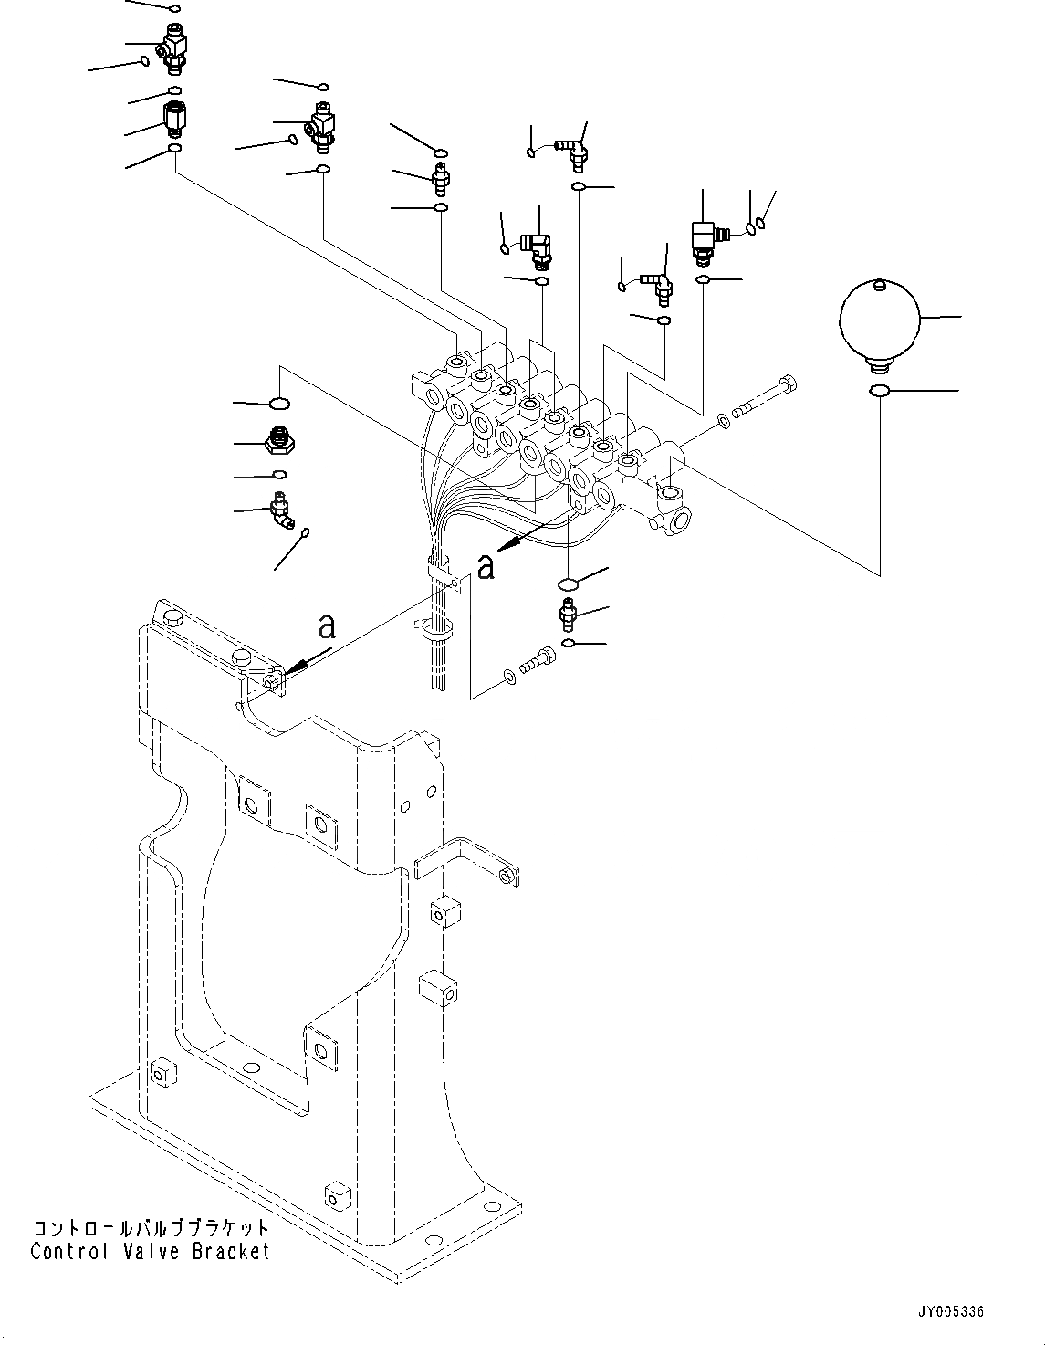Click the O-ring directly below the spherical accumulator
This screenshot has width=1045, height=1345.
(x=880, y=391)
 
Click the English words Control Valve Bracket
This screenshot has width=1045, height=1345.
(x=151, y=1251)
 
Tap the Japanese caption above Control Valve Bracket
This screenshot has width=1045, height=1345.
(x=151, y=1228)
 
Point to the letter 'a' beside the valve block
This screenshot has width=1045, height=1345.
(x=486, y=566)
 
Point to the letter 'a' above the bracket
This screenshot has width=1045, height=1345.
(x=326, y=626)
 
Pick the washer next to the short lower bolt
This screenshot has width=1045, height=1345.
(x=508, y=677)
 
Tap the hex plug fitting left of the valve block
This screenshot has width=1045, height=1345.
(x=278, y=441)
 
